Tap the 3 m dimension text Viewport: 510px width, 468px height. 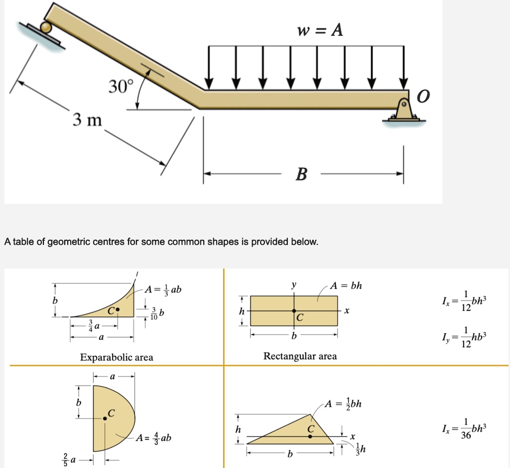87,120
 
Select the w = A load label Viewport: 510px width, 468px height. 319,31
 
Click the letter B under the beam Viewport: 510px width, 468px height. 301,174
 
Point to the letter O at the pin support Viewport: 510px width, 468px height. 422,96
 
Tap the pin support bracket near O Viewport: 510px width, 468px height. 403,111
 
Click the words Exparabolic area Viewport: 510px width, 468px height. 117,357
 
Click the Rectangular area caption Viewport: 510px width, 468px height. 300,356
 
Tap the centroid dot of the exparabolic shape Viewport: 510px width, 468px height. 118,310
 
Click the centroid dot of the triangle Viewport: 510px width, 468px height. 310,436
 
